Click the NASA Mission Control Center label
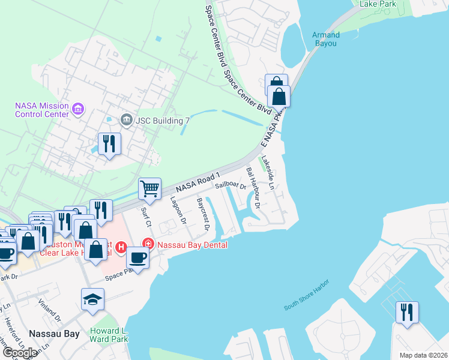point(42,110)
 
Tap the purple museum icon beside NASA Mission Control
point(77,109)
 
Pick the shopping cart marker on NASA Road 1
point(149,189)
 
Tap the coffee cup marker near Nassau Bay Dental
point(138,257)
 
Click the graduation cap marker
point(93,299)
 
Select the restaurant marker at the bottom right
point(407,312)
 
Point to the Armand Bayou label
point(326,40)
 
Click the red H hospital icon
point(120,247)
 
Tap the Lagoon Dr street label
point(179,211)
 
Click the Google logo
point(20,353)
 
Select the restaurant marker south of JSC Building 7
point(109,144)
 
